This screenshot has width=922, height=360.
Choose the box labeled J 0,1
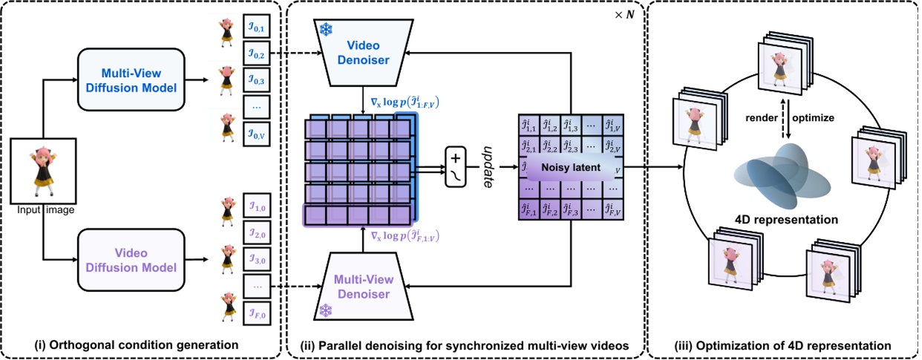click(256, 28)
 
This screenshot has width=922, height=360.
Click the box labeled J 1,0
click(256, 207)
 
